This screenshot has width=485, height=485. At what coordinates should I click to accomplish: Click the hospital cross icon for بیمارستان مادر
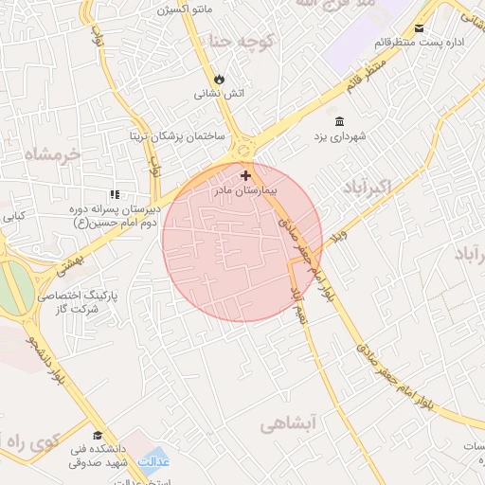pyautogui.click(x=246, y=175)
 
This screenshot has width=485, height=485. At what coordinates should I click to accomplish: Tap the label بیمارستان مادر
pyautogui.click(x=246, y=190)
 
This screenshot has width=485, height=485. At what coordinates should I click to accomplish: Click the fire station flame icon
pyautogui.click(x=220, y=79)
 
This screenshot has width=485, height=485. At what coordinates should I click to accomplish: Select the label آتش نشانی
pyautogui.click(x=220, y=94)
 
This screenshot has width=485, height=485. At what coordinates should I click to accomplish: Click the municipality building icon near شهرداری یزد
pyautogui.click(x=339, y=120)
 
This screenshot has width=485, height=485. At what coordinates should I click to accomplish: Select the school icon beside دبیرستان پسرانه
pyautogui.click(x=115, y=195)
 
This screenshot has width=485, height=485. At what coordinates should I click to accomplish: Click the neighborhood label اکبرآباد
pyautogui.click(x=359, y=182)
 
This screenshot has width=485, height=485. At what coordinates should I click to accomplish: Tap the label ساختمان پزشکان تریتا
pyautogui.click(x=177, y=136)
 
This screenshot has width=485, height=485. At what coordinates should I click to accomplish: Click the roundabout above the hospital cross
pyautogui.click(x=246, y=149)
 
